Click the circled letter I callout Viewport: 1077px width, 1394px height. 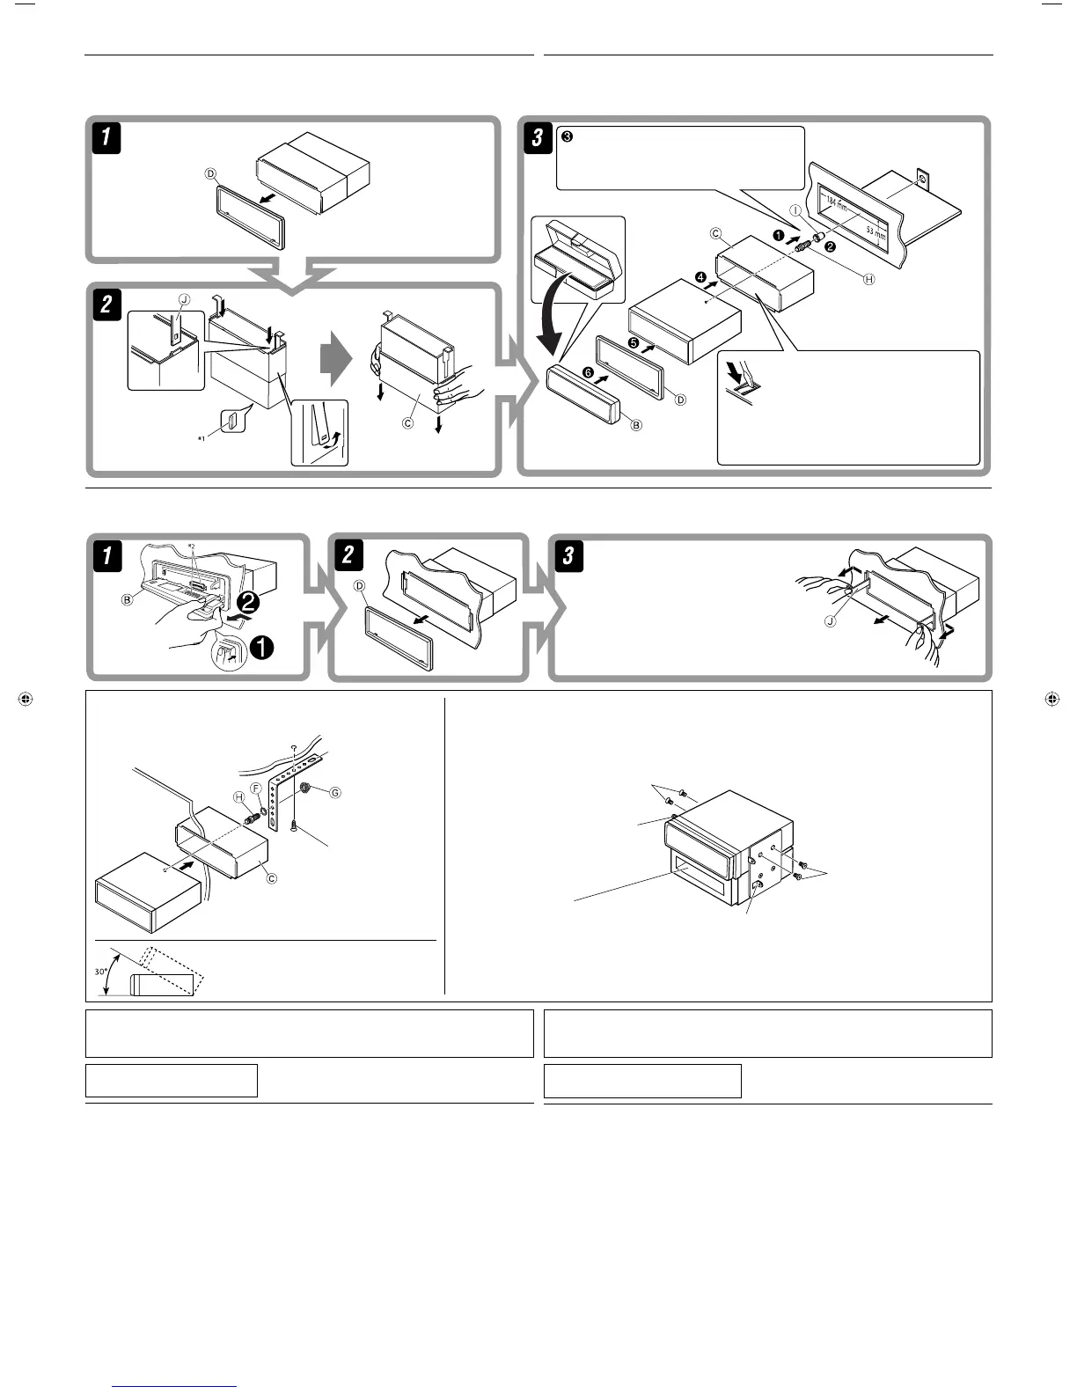coord(795,211)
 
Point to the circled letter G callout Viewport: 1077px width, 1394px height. coord(334,792)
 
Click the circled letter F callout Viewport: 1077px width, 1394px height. coord(256,789)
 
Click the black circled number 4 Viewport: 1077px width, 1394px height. coord(700,278)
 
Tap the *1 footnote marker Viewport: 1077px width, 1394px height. coord(201,437)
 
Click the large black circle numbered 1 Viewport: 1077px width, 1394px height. coord(262,649)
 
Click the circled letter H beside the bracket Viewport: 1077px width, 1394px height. coord(238,796)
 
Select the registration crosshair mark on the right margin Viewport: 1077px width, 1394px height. coord(1051,701)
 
